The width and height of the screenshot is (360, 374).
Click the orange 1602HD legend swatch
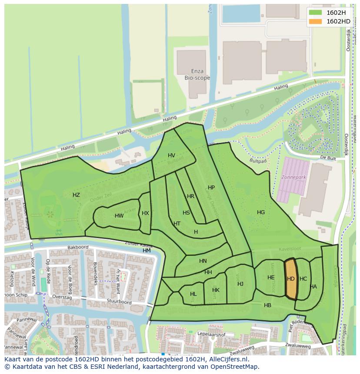click(316, 21)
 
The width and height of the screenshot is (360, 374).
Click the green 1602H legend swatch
click(316, 13)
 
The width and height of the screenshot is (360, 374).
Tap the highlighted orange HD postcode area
click(291, 279)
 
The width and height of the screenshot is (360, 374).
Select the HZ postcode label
click(76, 195)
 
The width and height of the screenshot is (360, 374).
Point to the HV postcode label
click(171, 156)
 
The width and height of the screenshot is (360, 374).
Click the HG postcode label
click(261, 212)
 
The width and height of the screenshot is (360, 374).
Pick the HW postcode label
click(119, 216)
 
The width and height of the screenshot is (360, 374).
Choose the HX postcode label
click(145, 213)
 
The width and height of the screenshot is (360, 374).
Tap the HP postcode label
click(211, 188)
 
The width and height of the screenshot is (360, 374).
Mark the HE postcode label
click(271, 278)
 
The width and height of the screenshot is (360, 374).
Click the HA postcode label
click(313, 287)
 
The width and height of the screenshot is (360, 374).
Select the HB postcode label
click(267, 305)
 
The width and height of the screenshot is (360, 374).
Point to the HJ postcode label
click(240, 284)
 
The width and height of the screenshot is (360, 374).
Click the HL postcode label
click(193, 294)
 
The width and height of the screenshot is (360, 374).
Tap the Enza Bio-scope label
click(197, 75)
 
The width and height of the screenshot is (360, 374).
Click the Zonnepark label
click(294, 178)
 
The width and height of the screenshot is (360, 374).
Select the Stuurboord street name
click(120, 302)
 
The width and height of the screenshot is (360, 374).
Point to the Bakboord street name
click(78, 247)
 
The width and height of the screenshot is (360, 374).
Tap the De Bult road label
click(328, 158)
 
